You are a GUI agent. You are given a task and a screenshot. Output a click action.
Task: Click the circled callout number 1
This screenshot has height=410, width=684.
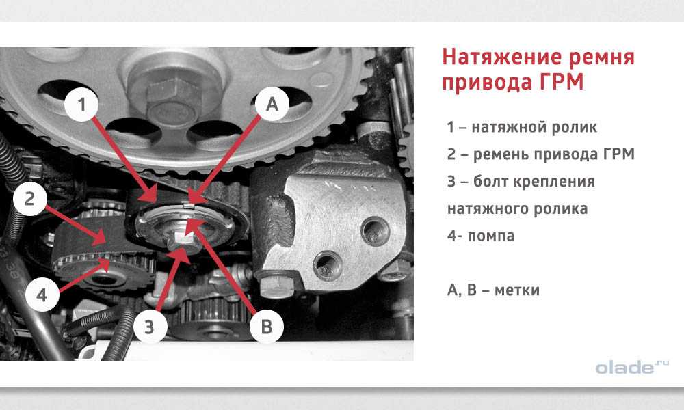[81, 105]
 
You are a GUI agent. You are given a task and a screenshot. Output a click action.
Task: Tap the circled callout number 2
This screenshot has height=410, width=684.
[29, 199]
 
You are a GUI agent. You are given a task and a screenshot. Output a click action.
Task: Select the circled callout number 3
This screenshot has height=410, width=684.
[150, 327]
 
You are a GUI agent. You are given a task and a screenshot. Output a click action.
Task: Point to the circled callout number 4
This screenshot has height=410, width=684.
[42, 295]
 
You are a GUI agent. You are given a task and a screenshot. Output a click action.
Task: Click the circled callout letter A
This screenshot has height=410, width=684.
[272, 105]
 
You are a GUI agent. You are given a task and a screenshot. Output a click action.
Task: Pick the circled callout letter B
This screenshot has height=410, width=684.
[267, 327]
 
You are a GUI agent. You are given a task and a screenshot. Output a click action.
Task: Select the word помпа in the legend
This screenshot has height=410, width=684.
[491, 236]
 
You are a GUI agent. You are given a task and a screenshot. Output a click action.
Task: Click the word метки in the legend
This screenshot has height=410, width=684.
[517, 290]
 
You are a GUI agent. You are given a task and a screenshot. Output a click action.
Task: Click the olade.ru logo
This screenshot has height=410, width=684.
[632, 367]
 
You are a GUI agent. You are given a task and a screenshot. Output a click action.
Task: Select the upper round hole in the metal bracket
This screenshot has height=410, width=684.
[376, 231]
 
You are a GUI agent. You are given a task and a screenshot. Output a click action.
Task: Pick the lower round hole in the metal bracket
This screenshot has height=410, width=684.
[328, 265]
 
